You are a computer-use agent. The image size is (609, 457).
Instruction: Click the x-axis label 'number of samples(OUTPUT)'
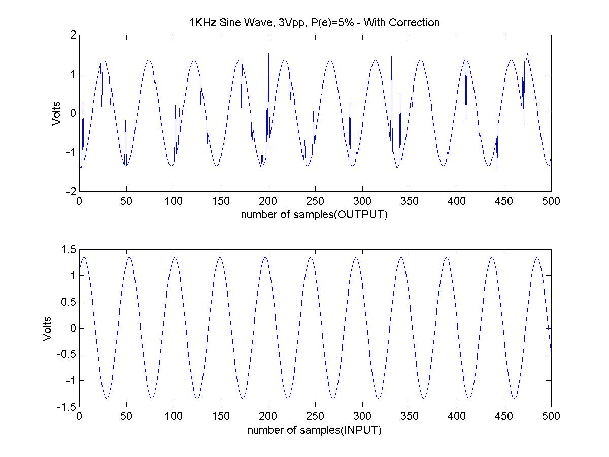tap(315, 214)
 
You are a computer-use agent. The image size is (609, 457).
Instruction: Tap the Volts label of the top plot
tap(56, 113)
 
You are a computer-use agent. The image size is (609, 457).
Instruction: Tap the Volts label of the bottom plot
tap(47, 329)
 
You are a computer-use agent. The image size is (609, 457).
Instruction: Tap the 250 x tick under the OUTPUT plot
tap(315, 201)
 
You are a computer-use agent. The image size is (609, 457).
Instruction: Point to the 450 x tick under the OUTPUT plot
tap(504, 201)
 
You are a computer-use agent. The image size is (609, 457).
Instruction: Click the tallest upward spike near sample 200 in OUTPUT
tap(268, 54)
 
